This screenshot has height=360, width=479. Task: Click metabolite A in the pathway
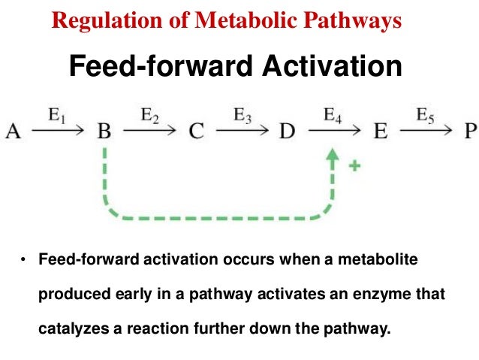[13, 132]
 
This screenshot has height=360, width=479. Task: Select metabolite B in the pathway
[104, 132]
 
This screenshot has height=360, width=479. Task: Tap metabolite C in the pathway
[196, 132]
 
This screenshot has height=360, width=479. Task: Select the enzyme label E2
[149, 116]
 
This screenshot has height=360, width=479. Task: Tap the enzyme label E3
[242, 116]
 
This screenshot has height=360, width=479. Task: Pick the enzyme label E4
[333, 116]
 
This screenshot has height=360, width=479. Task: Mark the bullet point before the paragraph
[23, 260]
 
